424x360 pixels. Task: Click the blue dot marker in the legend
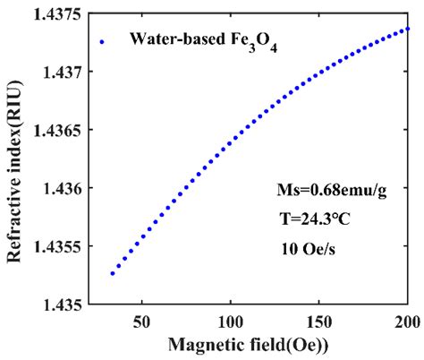tap(102, 40)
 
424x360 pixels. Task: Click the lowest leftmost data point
tap(112, 273)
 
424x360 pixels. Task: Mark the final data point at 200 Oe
tap(408, 28)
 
